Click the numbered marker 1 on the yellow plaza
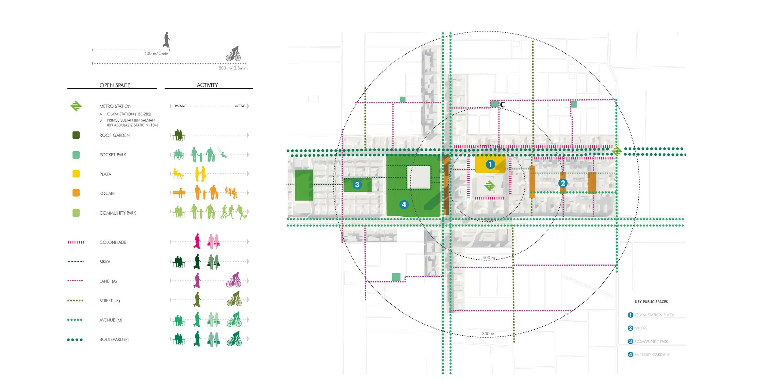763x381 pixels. (x=490, y=165)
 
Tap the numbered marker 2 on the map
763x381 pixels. (x=563, y=183)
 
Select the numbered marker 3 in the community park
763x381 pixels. (x=357, y=185)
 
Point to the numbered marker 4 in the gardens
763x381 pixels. (x=404, y=205)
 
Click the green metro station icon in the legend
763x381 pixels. (x=76, y=106)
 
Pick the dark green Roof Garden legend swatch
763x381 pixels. (x=76, y=135)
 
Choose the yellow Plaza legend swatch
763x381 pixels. (x=76, y=174)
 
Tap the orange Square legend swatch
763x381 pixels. (x=76, y=193)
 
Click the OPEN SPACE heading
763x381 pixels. (x=115, y=85)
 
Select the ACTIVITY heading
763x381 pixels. (x=207, y=85)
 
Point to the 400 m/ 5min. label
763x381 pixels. (x=157, y=54)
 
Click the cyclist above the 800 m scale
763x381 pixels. (x=233, y=54)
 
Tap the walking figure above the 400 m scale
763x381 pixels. (x=166, y=40)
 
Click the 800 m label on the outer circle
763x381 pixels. (x=488, y=334)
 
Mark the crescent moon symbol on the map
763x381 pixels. (x=503, y=105)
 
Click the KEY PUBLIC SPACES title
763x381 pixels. (x=651, y=302)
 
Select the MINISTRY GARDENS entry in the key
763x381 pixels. (x=652, y=354)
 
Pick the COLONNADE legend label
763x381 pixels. (x=113, y=242)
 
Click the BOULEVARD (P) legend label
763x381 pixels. (x=114, y=340)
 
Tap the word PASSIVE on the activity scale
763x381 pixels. (x=180, y=106)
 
